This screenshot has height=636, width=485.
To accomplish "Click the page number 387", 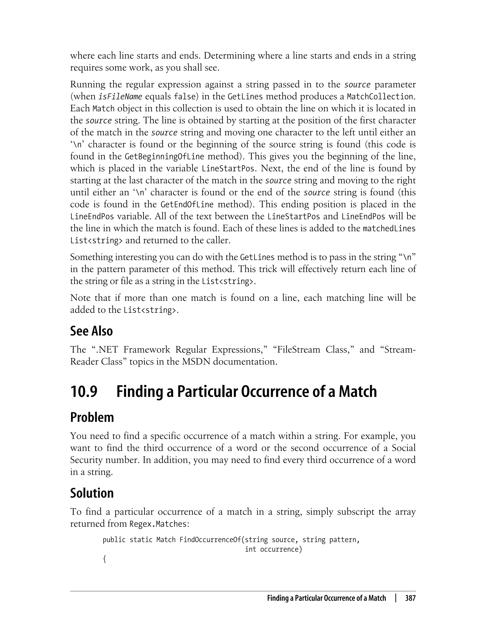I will coord(410,598).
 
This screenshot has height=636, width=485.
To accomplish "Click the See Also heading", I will coord(91,331).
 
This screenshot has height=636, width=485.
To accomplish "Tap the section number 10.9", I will coord(84,391).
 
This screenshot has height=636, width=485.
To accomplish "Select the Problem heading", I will coord(92,417).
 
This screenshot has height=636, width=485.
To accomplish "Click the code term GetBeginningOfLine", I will coord(165,157).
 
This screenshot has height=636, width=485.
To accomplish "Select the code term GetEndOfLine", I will coord(187,204).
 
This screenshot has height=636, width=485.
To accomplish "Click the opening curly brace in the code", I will coord(104,559).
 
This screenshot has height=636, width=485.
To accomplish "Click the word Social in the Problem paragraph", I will coord(403,448).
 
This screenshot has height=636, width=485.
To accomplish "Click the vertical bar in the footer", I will coord(395,598).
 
